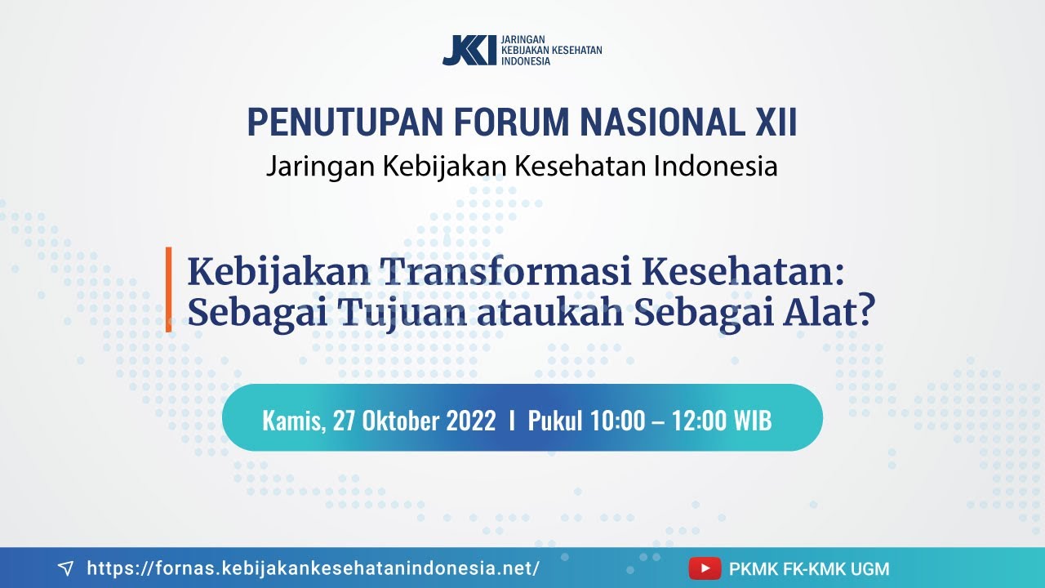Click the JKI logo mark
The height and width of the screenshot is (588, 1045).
pos(469,51)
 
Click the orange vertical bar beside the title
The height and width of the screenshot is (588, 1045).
pos(169,289)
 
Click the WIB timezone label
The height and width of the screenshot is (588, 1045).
pos(752,421)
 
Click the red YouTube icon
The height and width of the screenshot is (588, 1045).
pos(705,568)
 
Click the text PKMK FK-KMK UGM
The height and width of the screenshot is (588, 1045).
pos(809,568)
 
